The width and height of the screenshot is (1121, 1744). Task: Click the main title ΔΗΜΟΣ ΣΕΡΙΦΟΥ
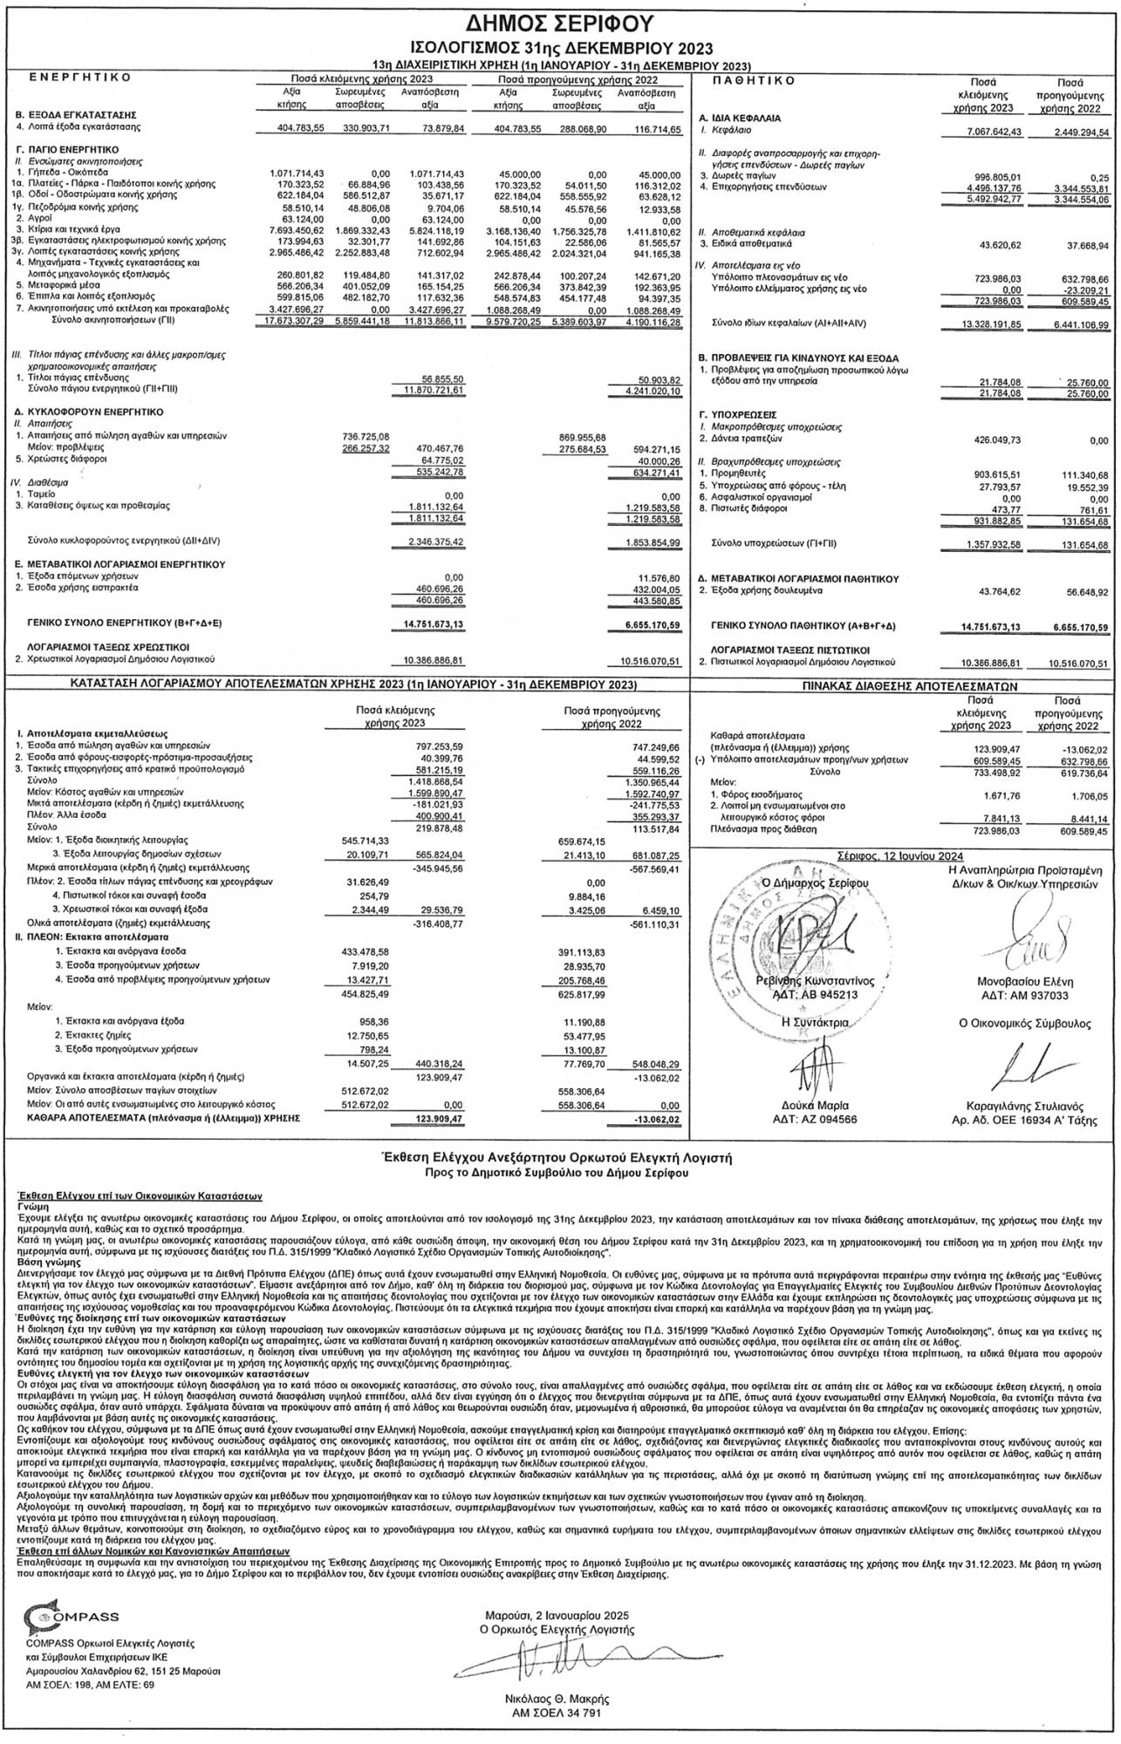(560, 24)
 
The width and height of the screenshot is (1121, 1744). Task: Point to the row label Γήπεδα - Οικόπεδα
(62, 173)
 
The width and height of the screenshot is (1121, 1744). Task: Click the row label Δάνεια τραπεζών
(742, 440)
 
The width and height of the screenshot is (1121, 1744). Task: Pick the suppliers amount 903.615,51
(988, 473)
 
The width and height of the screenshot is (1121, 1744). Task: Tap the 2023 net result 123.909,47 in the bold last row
(434, 1117)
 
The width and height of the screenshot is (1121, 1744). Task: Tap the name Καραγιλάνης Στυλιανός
(1025, 1105)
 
